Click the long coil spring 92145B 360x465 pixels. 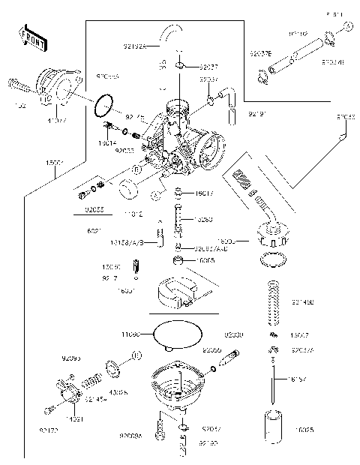[276, 302]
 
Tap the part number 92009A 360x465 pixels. [132, 436]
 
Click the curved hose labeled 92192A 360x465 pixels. [173, 32]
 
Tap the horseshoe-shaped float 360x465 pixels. [175, 292]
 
